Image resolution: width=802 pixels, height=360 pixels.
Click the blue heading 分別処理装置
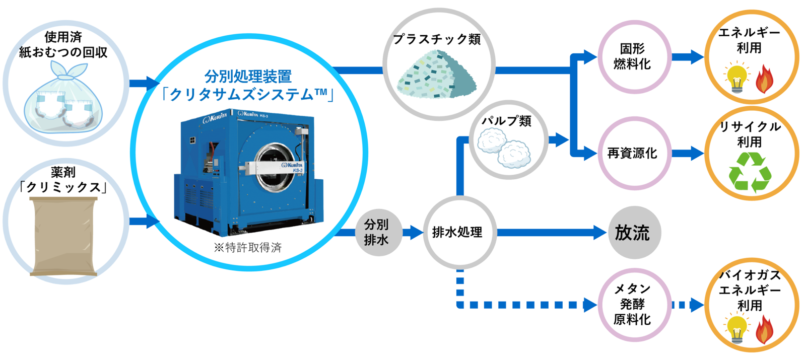[x=248, y=77]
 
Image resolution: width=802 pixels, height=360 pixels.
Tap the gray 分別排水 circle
[x=376, y=233]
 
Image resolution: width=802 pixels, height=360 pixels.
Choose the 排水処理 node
[x=457, y=233]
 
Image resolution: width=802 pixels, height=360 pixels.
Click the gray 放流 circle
[x=633, y=233]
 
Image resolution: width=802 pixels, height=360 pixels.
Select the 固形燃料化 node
[x=633, y=57]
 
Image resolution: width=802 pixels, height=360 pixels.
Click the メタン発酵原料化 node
[x=633, y=304]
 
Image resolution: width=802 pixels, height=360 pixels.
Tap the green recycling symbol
[x=750, y=173]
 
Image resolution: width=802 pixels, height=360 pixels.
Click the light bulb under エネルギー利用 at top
[x=737, y=78]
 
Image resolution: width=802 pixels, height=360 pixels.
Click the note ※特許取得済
[x=247, y=248]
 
